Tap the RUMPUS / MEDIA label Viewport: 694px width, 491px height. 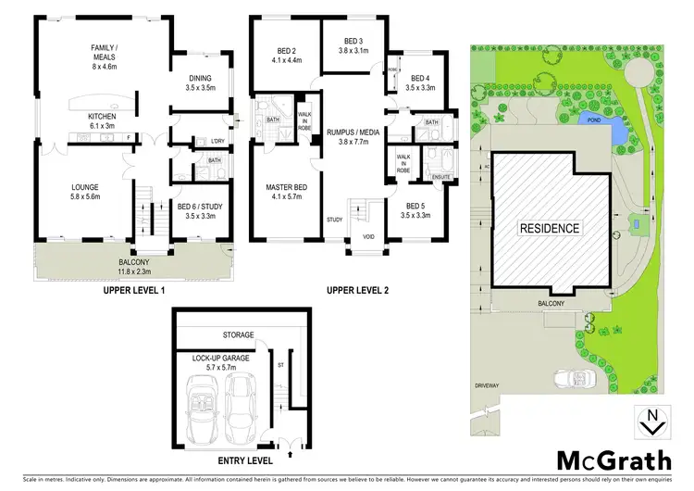(348, 138)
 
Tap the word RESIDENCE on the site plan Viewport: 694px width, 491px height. (549, 228)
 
